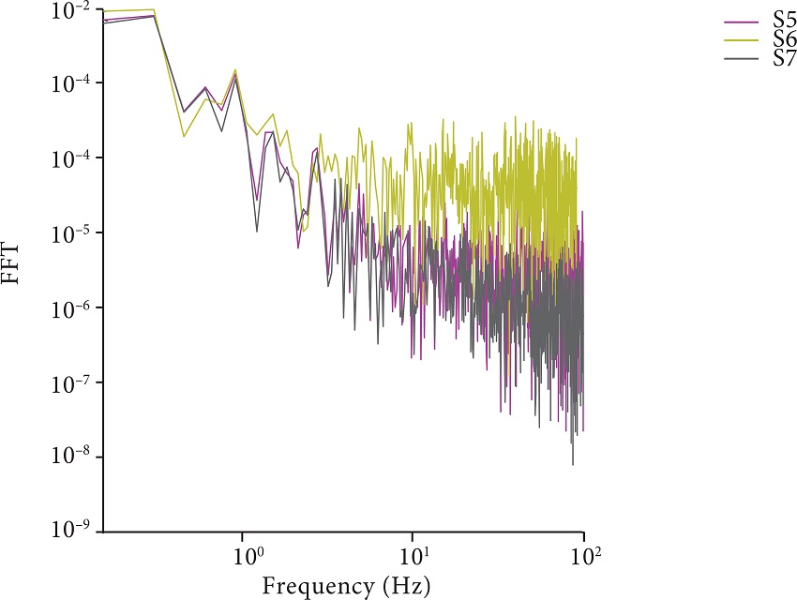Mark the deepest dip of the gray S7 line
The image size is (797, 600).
pyautogui.click(x=572, y=464)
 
